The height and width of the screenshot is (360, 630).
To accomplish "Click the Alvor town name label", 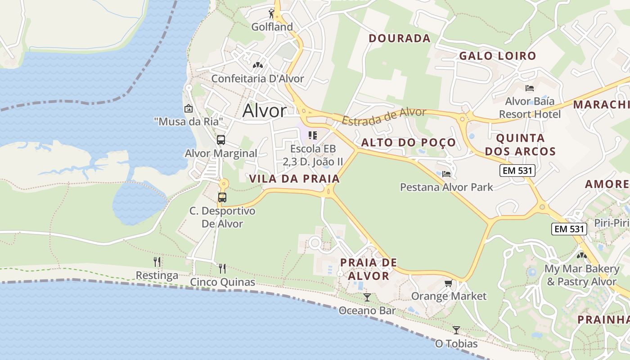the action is click(264, 111).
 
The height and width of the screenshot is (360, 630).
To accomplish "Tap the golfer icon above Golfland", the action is click(271, 13).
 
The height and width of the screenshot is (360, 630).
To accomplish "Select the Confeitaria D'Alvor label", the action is click(257, 79).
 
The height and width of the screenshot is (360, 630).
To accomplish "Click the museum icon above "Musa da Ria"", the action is click(189, 108).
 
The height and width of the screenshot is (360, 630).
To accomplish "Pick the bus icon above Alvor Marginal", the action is click(220, 140).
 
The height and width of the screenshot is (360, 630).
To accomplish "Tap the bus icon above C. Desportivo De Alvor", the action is click(222, 197).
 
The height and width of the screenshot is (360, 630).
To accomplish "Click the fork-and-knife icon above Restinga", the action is click(157, 261).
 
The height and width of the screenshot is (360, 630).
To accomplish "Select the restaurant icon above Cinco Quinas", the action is click(222, 268).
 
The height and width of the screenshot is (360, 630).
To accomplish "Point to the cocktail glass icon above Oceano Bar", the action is click(367, 297).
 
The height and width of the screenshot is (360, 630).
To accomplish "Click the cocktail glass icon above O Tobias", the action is click(456, 330).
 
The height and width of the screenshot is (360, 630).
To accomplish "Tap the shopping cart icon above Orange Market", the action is click(448, 283).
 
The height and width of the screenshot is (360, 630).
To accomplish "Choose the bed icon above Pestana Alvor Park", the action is click(446, 174).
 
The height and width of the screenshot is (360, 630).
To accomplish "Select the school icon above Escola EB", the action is click(313, 135).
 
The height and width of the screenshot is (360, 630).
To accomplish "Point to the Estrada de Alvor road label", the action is click(384, 117).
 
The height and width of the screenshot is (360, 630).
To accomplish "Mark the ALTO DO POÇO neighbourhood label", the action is click(409, 143).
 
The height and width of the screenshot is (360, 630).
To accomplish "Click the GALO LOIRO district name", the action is click(497, 56).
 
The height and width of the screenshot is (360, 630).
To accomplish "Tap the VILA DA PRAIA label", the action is click(294, 179).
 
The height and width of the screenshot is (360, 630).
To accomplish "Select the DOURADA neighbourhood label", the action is click(400, 39).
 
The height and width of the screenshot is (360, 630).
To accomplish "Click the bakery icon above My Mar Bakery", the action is click(581, 256).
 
